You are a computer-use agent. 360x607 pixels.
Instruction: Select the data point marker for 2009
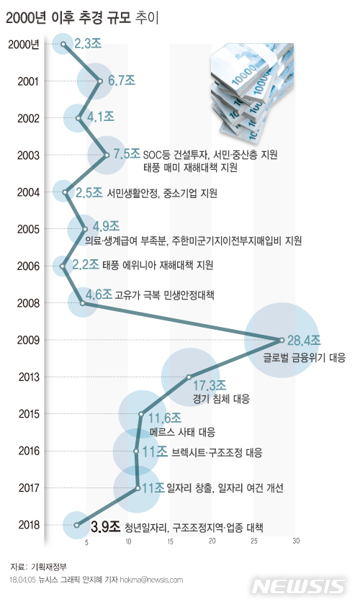(280, 339)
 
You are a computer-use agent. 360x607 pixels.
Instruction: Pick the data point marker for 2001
(99, 81)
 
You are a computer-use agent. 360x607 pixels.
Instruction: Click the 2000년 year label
(24, 44)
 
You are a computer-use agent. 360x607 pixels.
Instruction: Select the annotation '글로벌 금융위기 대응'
(304, 356)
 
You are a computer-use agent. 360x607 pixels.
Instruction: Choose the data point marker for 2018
(76, 526)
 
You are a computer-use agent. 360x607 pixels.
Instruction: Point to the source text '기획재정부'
(50, 567)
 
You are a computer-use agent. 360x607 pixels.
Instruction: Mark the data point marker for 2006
(63, 266)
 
